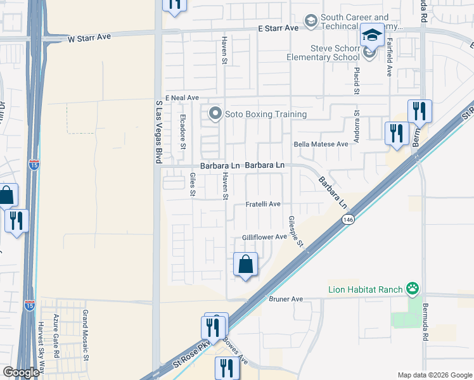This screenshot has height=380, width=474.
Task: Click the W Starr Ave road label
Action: [89, 38]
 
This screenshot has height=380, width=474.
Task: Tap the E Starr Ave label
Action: [278, 28]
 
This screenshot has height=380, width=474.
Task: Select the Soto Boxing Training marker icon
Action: [215, 115]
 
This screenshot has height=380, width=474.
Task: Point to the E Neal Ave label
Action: [183, 98]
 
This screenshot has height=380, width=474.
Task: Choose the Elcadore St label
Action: [183, 131]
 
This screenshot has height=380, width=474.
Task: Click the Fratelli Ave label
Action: [263, 205]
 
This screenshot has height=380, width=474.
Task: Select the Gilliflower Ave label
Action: [264, 237]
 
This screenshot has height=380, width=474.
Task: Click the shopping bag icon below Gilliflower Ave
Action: [245, 263]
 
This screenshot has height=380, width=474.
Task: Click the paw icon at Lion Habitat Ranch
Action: [413, 289]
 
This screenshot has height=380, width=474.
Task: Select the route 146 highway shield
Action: [347, 220]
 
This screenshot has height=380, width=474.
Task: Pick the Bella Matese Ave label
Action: [321, 144]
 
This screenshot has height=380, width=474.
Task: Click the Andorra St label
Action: [357, 125]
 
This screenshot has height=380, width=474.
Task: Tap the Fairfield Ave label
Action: [388, 59]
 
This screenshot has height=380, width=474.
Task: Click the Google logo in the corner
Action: [21, 372]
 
